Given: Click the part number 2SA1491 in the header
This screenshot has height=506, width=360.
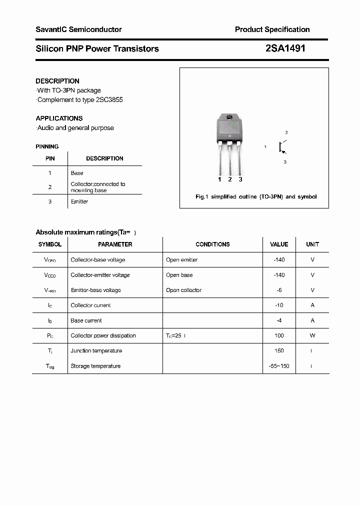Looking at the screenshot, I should pyautogui.click(x=285, y=48).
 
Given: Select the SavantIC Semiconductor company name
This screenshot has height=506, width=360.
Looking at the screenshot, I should pyautogui.click(x=78, y=29).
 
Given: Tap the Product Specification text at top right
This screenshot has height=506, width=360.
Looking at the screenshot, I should pyautogui.click(x=272, y=29).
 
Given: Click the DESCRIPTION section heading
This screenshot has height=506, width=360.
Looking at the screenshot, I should pyautogui.click(x=57, y=81).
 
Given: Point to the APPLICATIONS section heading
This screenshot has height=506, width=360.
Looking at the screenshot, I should pyautogui.click(x=59, y=118).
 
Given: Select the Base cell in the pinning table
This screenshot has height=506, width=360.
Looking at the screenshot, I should pyautogui.click(x=77, y=173).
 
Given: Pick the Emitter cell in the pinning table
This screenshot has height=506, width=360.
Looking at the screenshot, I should pyautogui.click(x=79, y=201).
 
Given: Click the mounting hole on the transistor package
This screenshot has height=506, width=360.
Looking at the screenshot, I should pyautogui.click(x=229, y=118).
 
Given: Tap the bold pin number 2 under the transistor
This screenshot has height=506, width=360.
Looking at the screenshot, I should pyautogui.click(x=229, y=179).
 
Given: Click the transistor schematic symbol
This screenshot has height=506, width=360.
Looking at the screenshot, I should pyautogui.click(x=282, y=147).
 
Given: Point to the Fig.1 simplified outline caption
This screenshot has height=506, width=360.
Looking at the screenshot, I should pyautogui.click(x=255, y=197).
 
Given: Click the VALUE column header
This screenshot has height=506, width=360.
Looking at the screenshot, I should pyautogui.click(x=279, y=244).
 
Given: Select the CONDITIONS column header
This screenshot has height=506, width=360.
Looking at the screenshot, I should pyautogui.click(x=212, y=244).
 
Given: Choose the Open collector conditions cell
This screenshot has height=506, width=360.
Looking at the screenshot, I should pyautogui.click(x=183, y=290).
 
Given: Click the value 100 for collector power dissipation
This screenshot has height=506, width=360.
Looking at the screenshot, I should pyautogui.click(x=279, y=336).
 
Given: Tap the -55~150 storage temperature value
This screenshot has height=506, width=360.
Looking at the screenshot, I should pyautogui.click(x=279, y=366).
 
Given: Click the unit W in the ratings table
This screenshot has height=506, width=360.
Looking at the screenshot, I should pyautogui.click(x=312, y=336).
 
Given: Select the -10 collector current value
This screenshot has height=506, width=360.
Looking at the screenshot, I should pyautogui.click(x=279, y=305).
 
